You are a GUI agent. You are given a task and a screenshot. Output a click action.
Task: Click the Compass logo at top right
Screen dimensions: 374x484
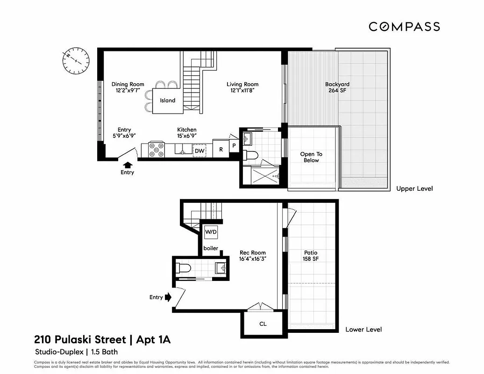point(404,27)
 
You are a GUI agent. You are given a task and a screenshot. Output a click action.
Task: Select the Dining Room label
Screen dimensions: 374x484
point(128,87)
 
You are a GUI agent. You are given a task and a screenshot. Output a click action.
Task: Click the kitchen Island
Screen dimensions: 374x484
point(168,101)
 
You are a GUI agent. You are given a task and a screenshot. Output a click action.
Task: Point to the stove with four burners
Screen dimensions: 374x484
point(157,150)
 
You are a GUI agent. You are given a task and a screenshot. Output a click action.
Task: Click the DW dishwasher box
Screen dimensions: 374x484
point(199,151)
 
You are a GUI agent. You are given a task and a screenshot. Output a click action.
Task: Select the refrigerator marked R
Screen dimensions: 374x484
point(221,150)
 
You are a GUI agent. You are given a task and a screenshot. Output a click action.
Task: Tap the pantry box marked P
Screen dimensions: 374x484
point(234,145)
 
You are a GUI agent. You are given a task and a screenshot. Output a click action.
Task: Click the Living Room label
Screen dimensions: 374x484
point(242,87)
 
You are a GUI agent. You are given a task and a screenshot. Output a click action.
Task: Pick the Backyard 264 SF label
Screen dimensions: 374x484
point(337,87)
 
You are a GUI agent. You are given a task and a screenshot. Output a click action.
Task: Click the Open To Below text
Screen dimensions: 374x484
point(311,157)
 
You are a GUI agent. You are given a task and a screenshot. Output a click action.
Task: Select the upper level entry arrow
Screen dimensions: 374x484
point(127,165)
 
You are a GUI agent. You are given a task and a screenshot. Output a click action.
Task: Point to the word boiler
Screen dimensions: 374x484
point(210,248)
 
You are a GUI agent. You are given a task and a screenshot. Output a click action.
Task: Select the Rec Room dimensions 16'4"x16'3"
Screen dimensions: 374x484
point(253,259)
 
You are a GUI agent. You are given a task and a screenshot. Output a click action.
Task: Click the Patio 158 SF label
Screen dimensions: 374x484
point(311,256)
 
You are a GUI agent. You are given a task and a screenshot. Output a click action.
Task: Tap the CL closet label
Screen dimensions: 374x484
point(263,324)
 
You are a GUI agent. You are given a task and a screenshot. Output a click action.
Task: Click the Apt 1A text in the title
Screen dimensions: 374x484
point(153,339)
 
